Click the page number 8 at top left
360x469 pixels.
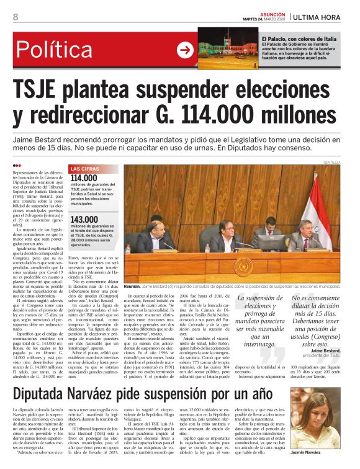point(16,17)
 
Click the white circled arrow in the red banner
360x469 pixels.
point(186,50)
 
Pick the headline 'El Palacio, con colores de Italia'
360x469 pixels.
point(302,38)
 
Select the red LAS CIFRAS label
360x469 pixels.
point(84,169)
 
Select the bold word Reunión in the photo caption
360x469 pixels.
point(132,288)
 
